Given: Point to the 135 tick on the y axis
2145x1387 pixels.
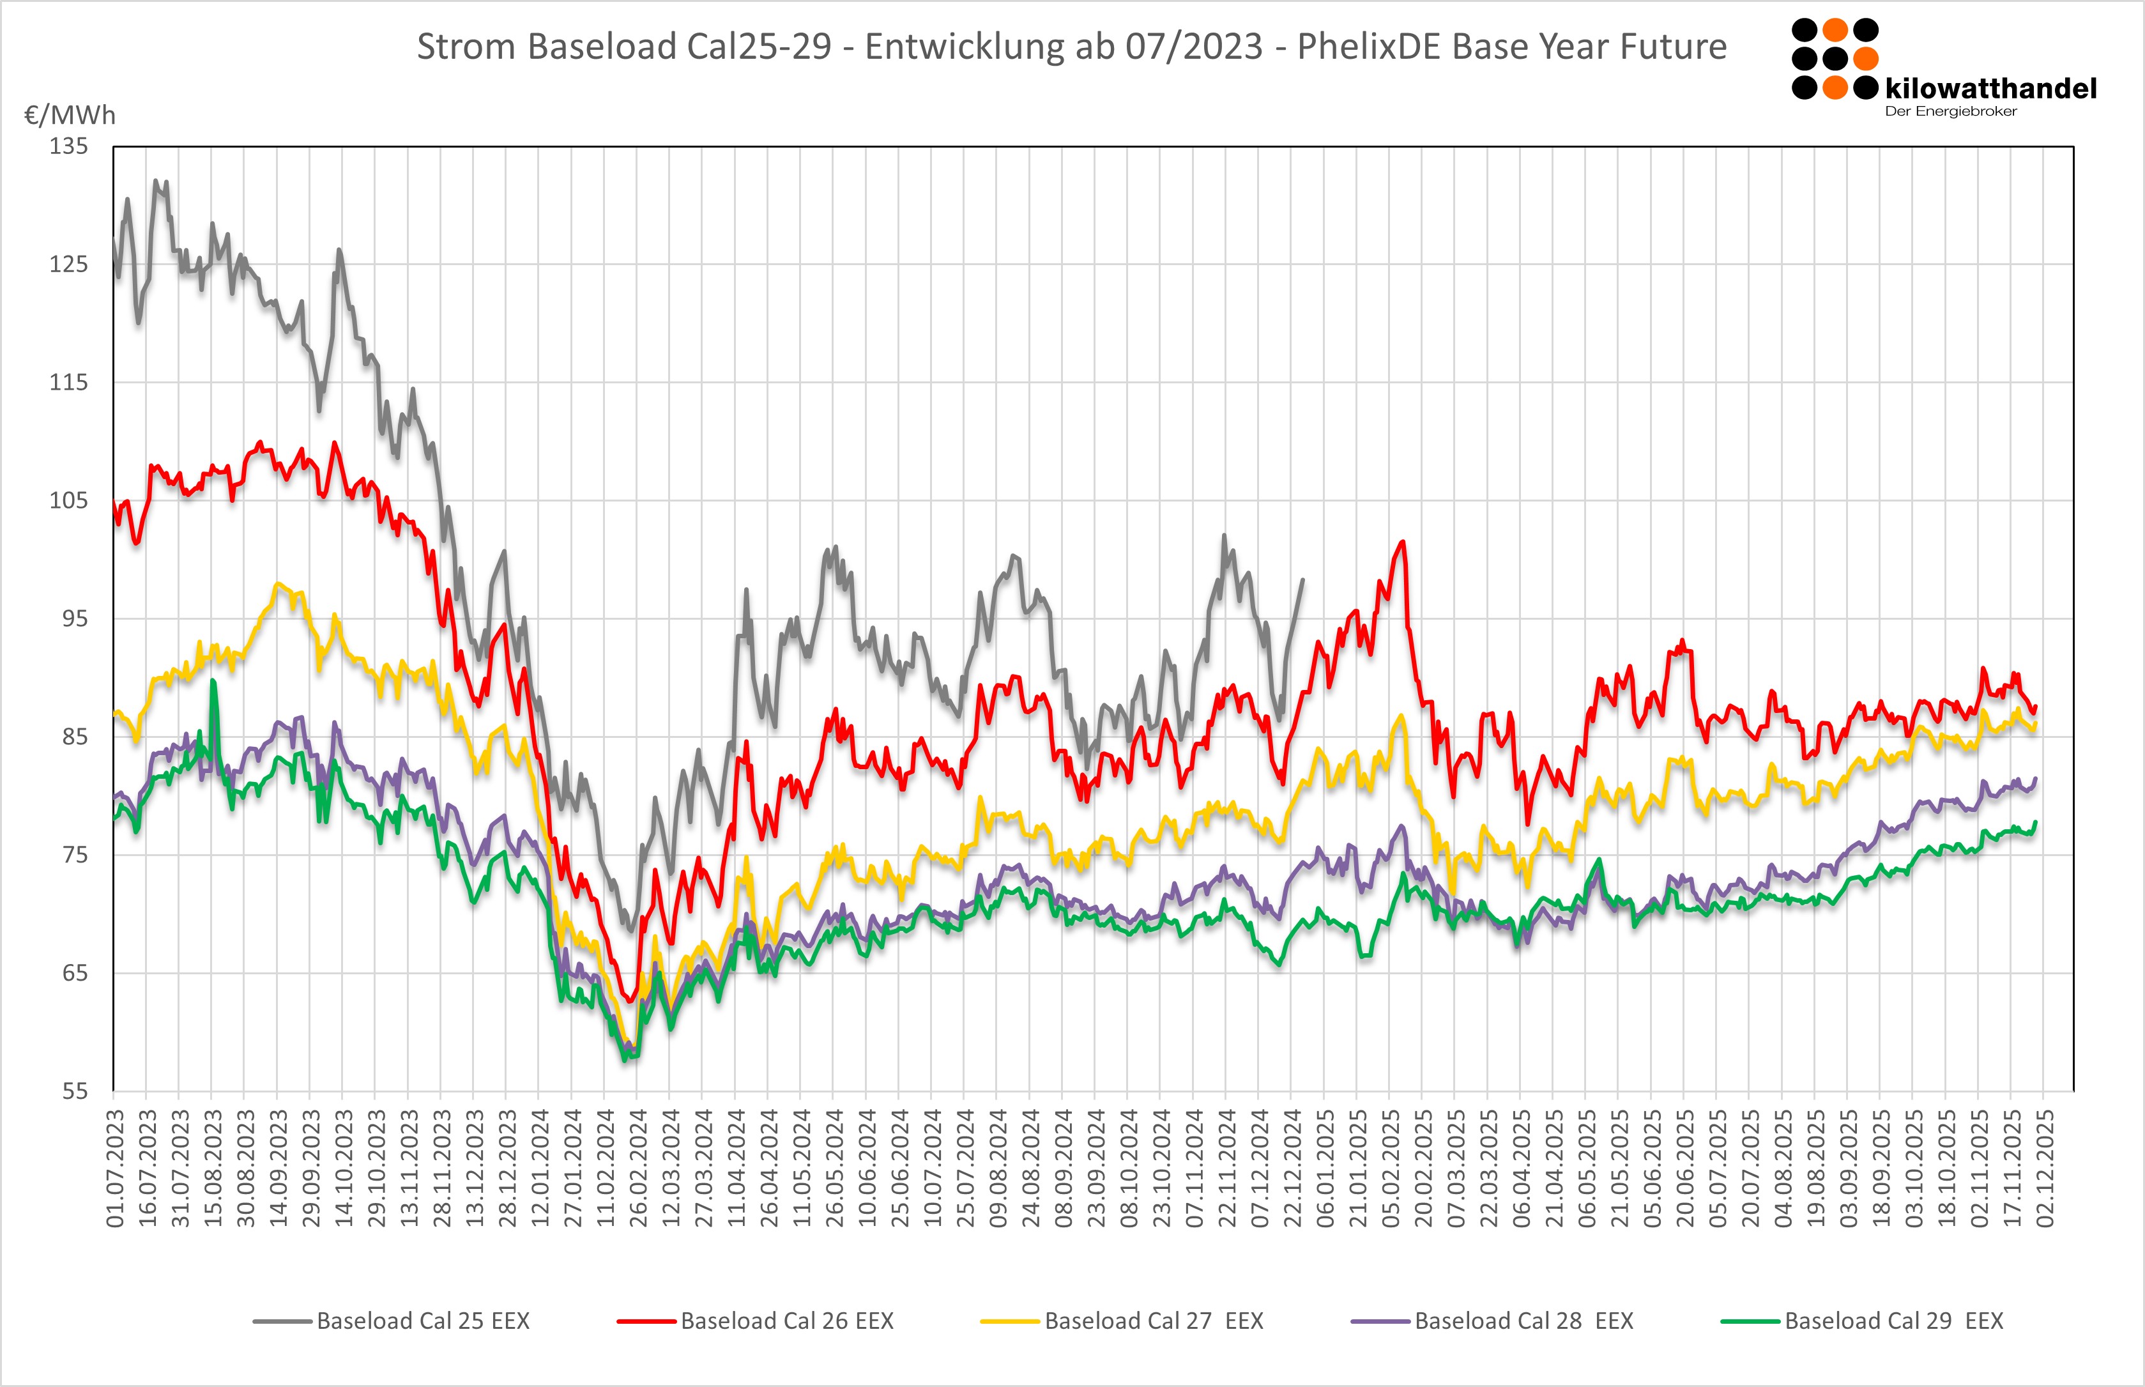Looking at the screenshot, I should pyautogui.click(x=68, y=146).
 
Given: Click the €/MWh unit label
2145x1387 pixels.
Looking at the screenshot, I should pyautogui.click(x=70, y=115).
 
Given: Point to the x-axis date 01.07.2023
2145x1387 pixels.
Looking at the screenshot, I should pyautogui.click(x=115, y=1168).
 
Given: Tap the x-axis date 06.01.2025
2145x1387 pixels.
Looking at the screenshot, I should pyautogui.click(x=1325, y=1168).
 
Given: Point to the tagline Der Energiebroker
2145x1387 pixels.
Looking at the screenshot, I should pyautogui.click(x=1950, y=112).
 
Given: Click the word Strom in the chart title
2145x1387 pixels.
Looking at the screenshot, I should pyautogui.click(x=466, y=47).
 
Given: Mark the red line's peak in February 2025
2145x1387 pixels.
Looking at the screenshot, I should pyautogui.click(x=1403, y=542).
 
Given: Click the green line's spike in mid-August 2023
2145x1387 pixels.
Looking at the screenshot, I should pyautogui.click(x=213, y=681).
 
